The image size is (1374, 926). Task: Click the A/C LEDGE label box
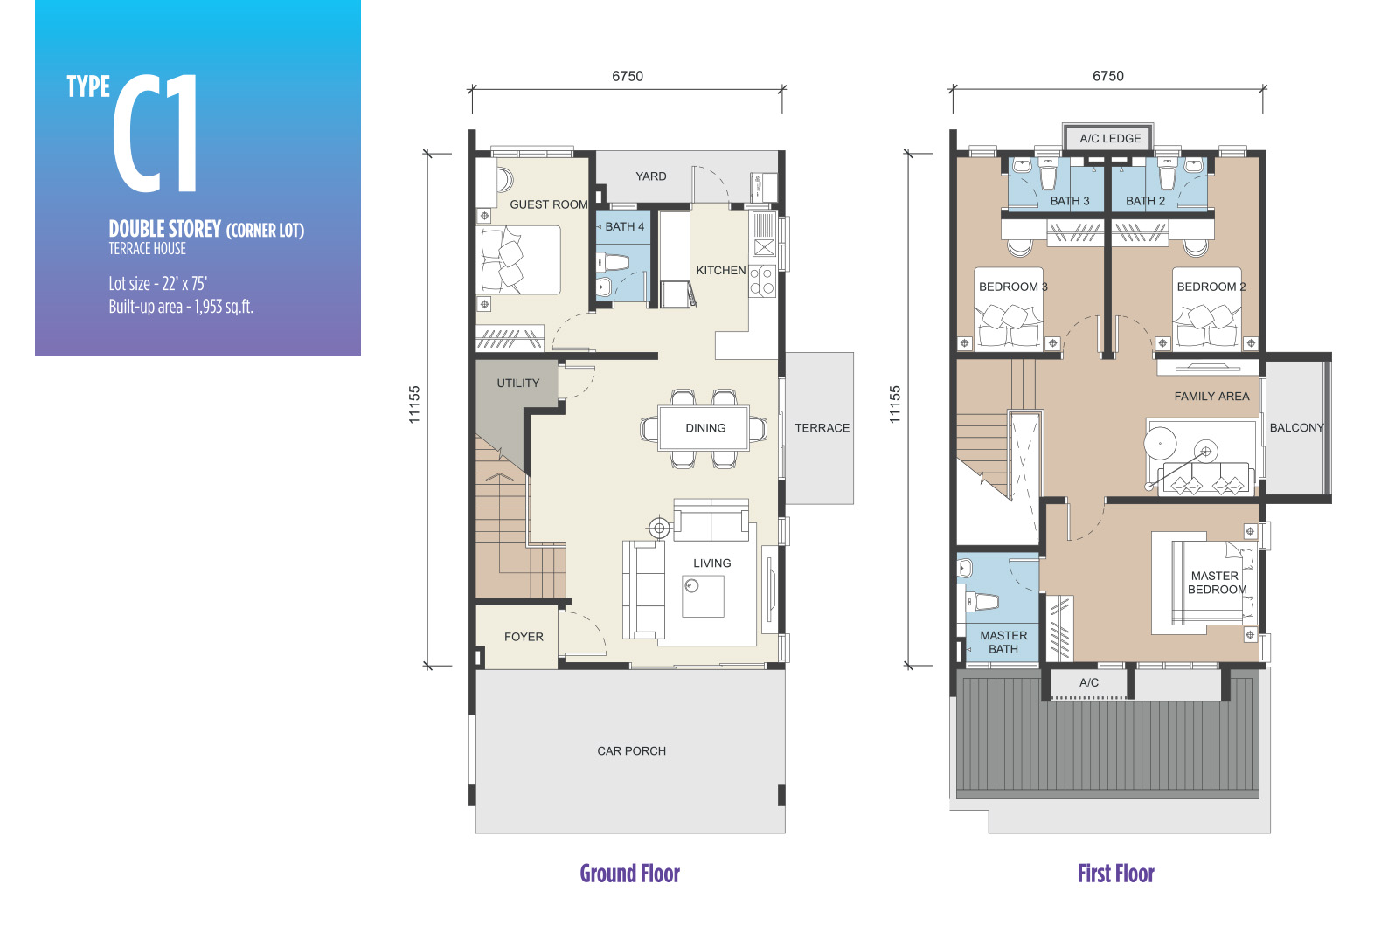(1108, 138)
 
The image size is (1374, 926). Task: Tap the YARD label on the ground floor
(651, 176)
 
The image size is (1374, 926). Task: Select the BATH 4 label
(624, 227)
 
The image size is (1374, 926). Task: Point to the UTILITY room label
(518, 384)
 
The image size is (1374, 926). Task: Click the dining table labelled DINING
(704, 428)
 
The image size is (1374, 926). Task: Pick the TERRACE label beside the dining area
(822, 428)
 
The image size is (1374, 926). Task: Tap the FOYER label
(524, 637)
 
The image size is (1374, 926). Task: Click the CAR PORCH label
(632, 751)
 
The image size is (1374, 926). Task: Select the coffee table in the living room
(704, 597)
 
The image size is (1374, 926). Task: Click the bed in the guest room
(518, 260)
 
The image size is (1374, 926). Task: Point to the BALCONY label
(1297, 428)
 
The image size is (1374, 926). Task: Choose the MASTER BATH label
(1003, 643)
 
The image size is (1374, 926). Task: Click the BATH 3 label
(1070, 201)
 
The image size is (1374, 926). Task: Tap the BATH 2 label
(1145, 201)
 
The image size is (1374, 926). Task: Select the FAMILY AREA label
(1211, 397)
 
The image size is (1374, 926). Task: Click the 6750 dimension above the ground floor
(628, 76)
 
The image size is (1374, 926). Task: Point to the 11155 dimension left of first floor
(896, 404)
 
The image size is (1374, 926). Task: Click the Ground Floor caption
(630, 874)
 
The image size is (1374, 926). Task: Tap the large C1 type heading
(156, 133)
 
